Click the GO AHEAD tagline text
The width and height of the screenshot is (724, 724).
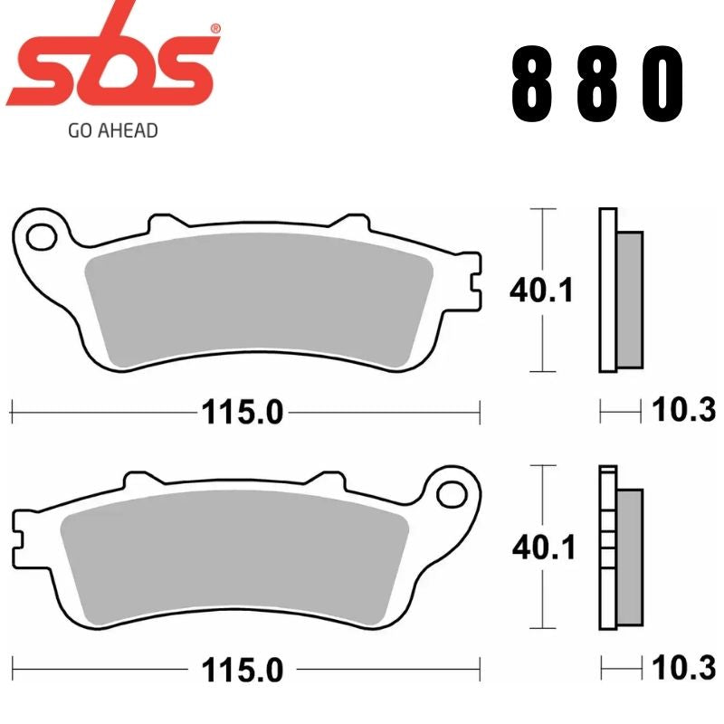coord(113,130)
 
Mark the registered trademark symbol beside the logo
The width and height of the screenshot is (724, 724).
coord(214,28)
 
